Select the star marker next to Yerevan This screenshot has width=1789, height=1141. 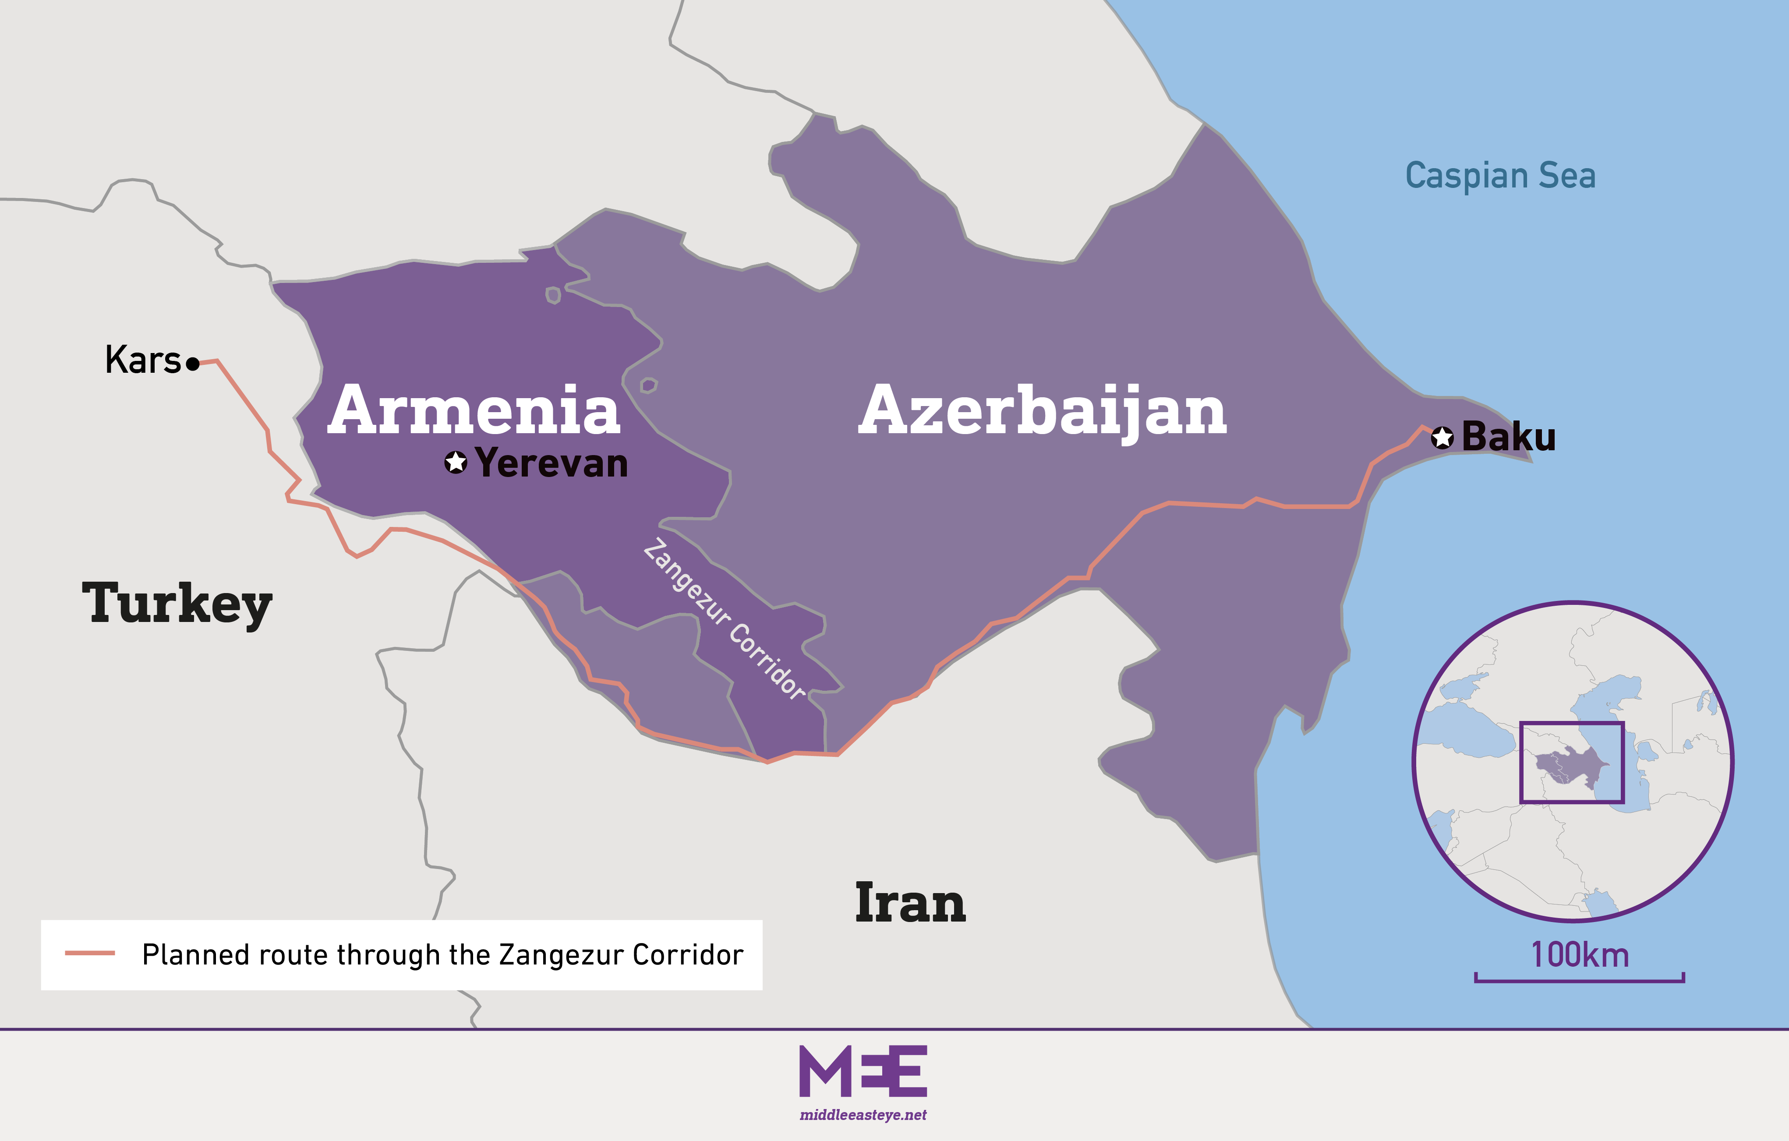[x=456, y=462]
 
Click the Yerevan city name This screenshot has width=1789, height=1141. [x=551, y=463]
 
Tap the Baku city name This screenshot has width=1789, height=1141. [x=1508, y=437]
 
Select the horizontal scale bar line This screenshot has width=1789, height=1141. [x=1580, y=981]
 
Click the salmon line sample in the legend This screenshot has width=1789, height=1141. [x=90, y=953]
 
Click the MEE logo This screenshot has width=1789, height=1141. [x=863, y=1071]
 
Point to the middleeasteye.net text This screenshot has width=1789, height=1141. [x=863, y=1115]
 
